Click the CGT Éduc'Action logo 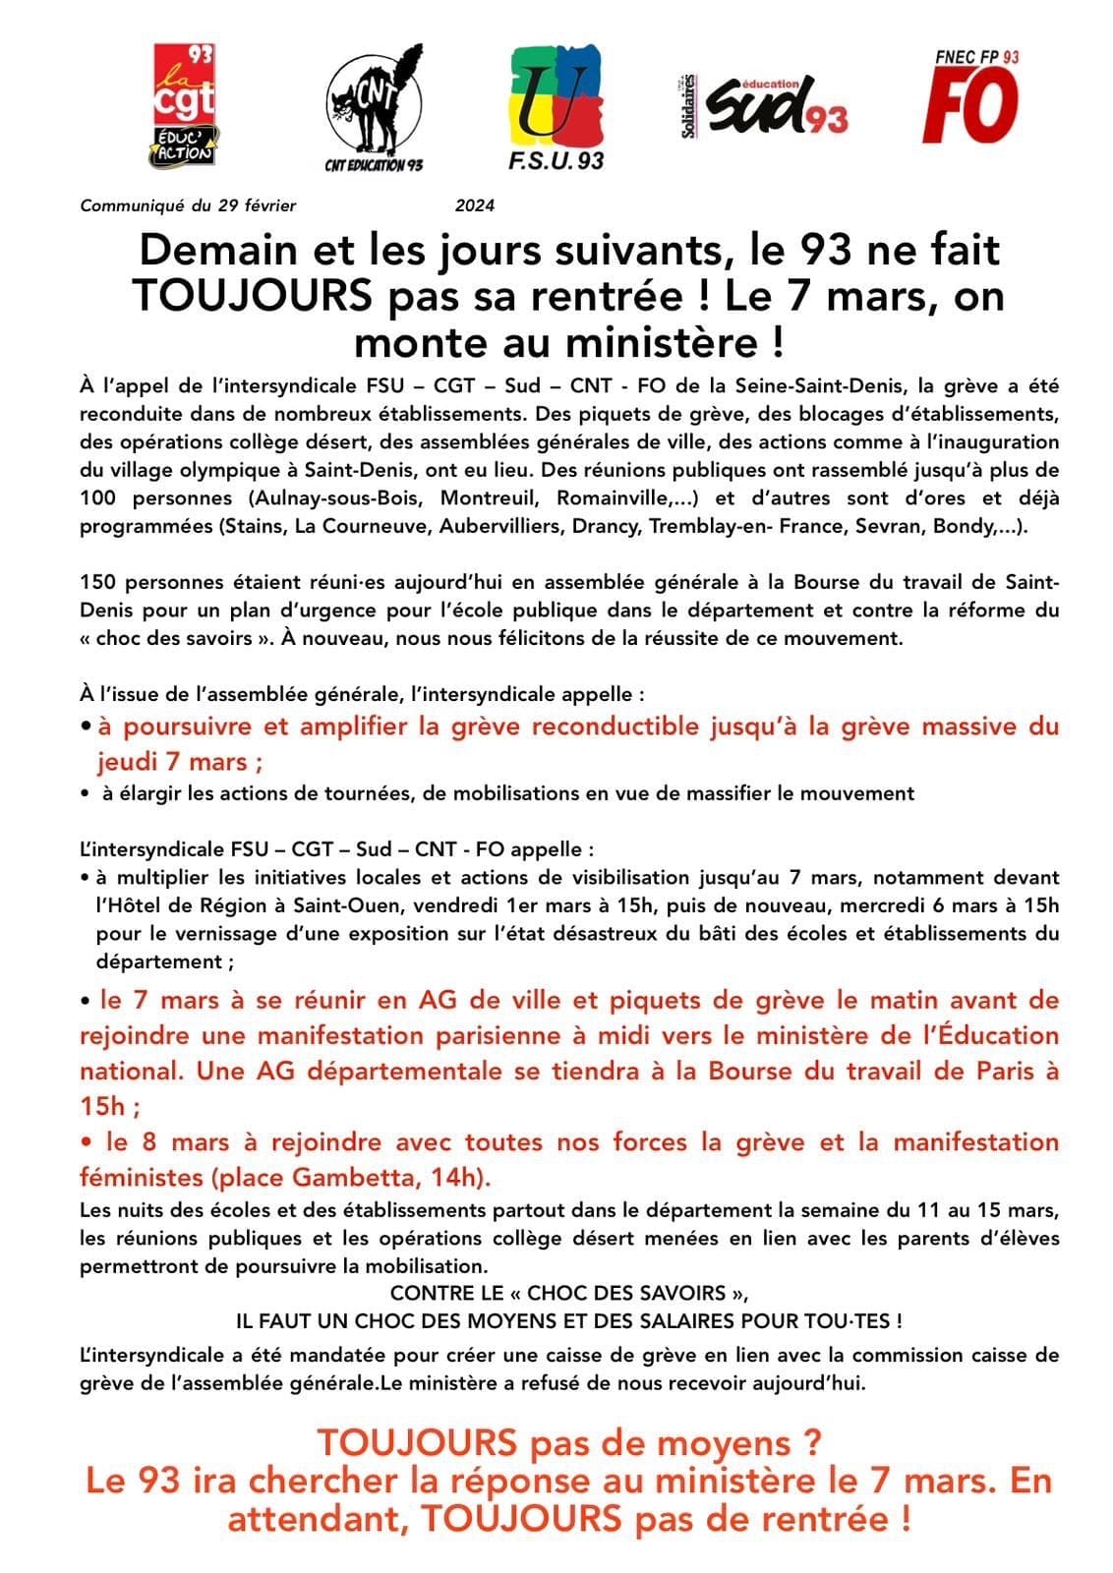(184, 104)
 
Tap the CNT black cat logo (374, 106)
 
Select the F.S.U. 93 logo (556, 106)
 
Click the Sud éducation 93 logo (765, 104)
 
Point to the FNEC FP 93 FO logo (969, 97)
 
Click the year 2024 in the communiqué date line (474, 205)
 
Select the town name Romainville (616, 497)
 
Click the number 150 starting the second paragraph (96, 582)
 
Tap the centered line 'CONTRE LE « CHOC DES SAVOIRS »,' (561, 1293)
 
